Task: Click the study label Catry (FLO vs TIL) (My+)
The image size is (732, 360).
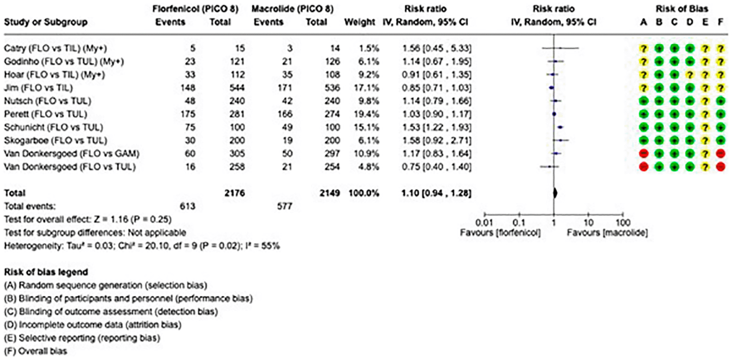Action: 56,48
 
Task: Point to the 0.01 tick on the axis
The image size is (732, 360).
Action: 484,223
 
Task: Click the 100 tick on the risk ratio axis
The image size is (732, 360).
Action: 623,223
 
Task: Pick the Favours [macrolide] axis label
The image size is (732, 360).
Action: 607,233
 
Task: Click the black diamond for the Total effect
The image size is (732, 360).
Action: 555,193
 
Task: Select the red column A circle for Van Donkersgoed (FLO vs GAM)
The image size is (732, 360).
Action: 644,153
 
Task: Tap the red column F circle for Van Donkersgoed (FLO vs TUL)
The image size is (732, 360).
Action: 720,167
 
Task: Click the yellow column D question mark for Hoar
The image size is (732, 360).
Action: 690,74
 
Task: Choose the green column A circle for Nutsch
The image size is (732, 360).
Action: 644,101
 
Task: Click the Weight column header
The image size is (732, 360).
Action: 359,22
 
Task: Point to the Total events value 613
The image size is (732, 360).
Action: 187,207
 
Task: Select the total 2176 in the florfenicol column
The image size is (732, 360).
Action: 234,193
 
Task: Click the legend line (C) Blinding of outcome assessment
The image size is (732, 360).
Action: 111,312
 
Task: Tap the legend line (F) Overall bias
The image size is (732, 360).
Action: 35,351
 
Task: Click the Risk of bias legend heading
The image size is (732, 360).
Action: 46,272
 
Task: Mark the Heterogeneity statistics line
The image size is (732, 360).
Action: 142,246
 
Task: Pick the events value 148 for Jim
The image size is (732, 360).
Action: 188,88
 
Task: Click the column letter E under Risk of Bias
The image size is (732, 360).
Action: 705,22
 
